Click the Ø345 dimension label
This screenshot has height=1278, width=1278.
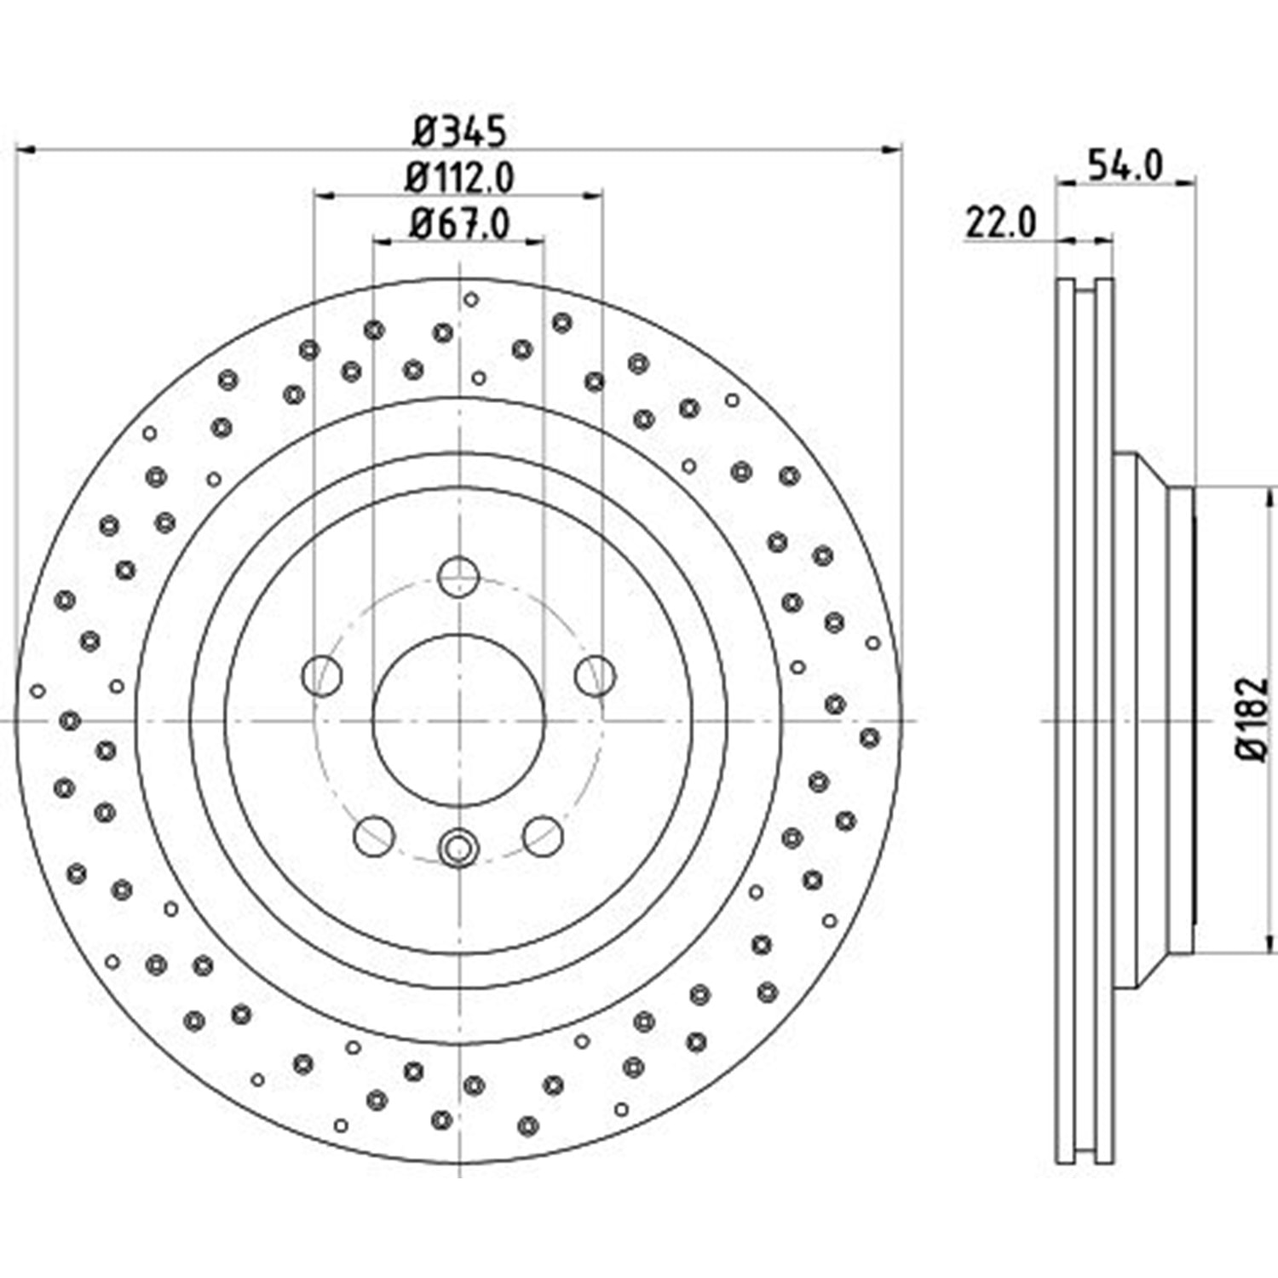460,132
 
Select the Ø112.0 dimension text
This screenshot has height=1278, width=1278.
460,178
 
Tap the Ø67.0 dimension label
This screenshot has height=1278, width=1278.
460,224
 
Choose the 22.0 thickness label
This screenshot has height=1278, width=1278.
1000,224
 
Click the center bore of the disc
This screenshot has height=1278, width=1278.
458,720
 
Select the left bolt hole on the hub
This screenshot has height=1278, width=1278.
322,676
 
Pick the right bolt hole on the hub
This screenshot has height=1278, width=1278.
595,676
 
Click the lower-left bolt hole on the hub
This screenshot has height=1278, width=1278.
373,836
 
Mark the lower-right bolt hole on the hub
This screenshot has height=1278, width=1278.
543,836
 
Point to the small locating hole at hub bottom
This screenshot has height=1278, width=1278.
458,848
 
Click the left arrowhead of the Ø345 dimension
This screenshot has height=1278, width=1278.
26,150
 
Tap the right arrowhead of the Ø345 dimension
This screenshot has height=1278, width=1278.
891,150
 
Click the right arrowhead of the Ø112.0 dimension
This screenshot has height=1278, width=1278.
593,196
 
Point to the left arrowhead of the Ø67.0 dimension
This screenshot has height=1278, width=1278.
383,242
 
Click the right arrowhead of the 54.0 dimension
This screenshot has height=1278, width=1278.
1187,181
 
